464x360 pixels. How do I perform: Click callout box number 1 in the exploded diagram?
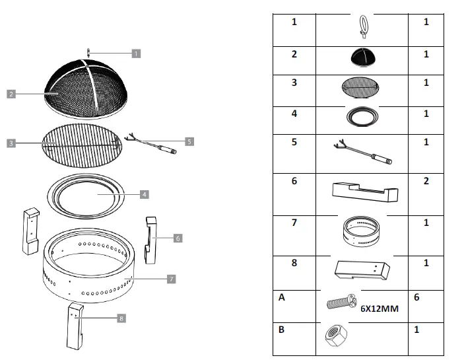[x=135, y=52]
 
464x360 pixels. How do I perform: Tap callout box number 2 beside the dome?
[x=11, y=94]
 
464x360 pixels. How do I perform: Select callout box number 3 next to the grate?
[x=11, y=142]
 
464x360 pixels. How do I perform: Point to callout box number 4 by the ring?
[x=145, y=194]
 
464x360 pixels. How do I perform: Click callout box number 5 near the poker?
[x=189, y=141]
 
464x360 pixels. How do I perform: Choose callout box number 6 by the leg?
[x=178, y=237]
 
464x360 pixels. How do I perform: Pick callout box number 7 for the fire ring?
[x=171, y=279]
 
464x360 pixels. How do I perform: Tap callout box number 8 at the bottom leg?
[x=121, y=318]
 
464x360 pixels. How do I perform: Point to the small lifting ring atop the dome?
[x=87, y=52]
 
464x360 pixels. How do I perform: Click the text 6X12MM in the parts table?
[x=380, y=307]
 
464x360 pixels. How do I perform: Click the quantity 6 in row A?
[x=416, y=298]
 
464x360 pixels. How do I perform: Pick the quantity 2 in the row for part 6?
[x=426, y=180]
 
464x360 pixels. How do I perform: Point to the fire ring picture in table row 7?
[x=361, y=231]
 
